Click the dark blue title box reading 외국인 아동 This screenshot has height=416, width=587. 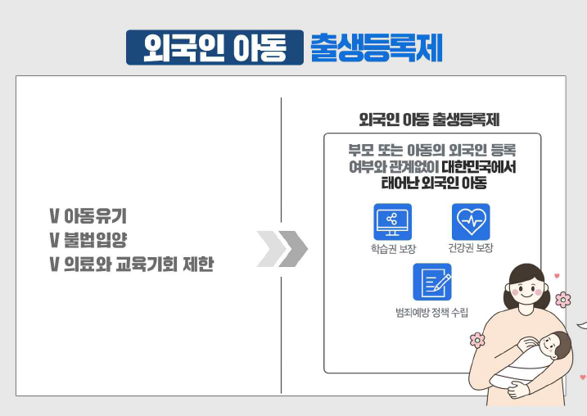point(214,47)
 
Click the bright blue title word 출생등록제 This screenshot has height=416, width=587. point(377,47)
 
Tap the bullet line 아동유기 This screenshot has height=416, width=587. point(88,216)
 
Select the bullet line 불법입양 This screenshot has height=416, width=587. point(88,240)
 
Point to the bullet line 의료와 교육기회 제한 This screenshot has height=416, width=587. point(132,264)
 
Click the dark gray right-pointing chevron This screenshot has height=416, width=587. point(293,249)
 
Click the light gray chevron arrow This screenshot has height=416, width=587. point(271,249)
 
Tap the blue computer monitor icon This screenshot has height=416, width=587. point(392,222)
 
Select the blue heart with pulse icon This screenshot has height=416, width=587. point(471,222)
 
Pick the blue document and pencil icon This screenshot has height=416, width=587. point(432,282)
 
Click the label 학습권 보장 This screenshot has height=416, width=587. point(393,249)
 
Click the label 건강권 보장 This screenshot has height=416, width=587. point(471,248)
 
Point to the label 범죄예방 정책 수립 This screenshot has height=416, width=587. point(431,312)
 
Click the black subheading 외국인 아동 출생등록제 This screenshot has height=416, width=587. point(429,120)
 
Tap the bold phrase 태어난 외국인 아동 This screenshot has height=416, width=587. point(434,183)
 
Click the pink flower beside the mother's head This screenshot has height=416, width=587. point(562,300)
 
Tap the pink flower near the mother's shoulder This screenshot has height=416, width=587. point(477,340)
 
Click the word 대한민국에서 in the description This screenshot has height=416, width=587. point(479,166)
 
